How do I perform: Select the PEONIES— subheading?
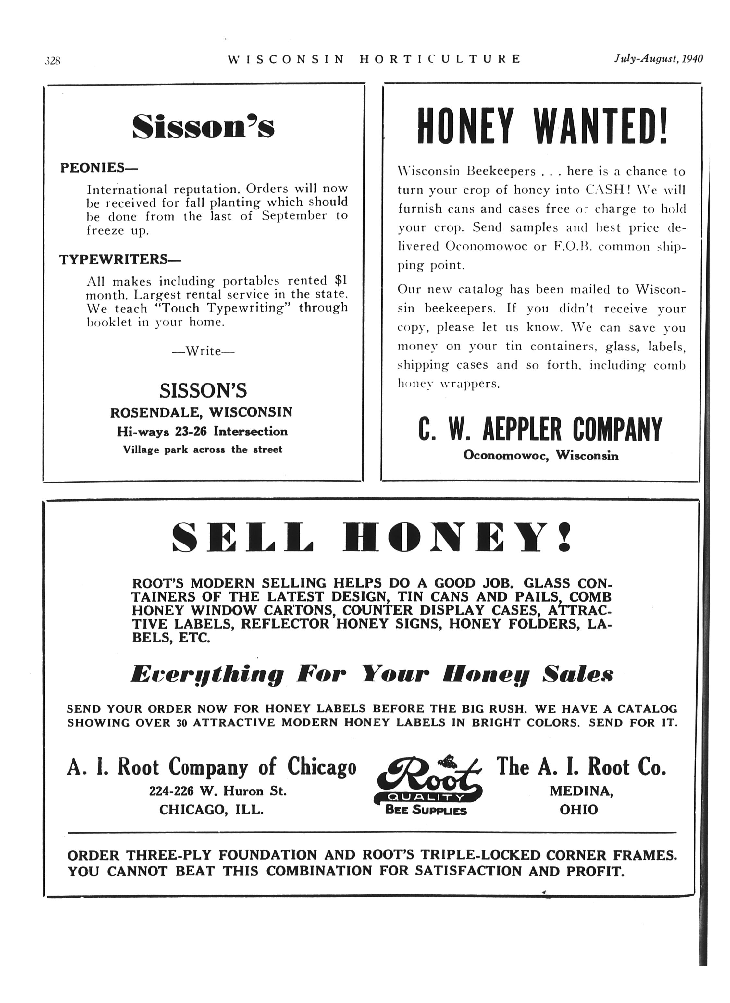(x=99, y=168)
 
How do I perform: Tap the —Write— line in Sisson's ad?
(x=203, y=351)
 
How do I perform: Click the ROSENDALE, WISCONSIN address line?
(x=201, y=412)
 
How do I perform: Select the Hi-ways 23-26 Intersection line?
(x=202, y=432)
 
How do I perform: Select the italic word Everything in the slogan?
(x=207, y=675)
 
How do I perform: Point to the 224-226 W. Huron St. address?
(x=218, y=791)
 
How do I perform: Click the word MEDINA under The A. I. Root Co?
(x=581, y=791)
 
